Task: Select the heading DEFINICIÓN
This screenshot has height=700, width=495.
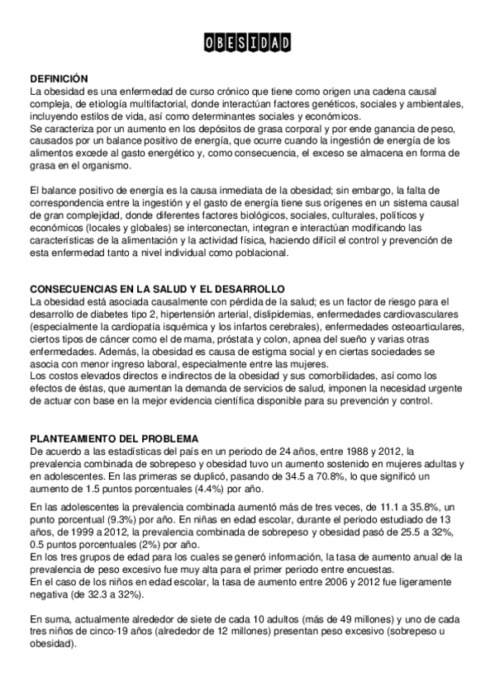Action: pyautogui.click(x=58, y=78)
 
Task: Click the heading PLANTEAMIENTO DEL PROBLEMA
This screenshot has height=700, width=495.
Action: pyautogui.click(x=113, y=438)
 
